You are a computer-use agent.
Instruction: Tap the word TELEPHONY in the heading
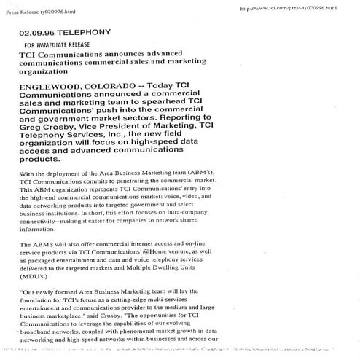86,33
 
